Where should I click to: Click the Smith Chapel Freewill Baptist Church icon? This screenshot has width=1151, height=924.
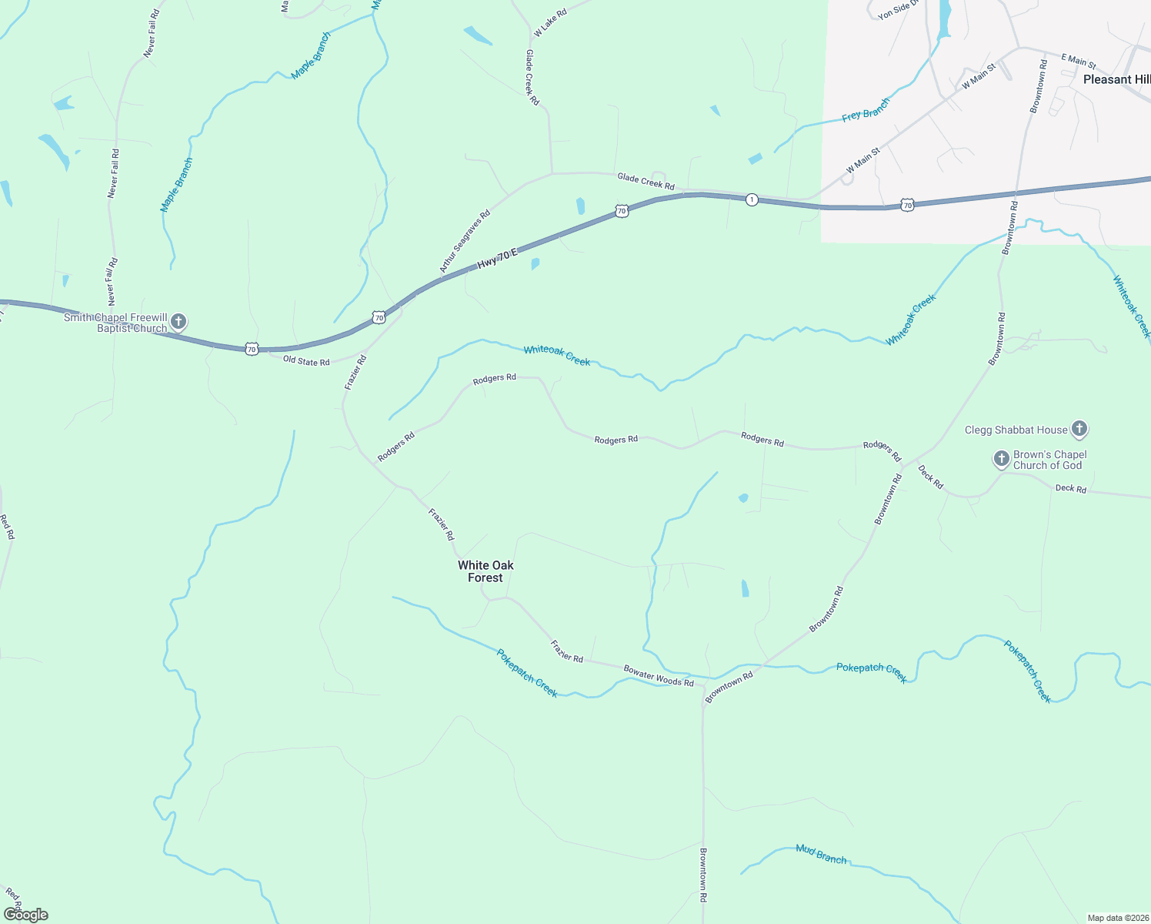(178, 321)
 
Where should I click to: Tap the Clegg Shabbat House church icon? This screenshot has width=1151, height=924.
(1079, 428)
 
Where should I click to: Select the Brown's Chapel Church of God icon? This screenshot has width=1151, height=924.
(1001, 459)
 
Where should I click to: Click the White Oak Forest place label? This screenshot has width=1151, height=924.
(485, 571)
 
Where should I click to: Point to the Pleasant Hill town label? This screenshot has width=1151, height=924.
(1116, 79)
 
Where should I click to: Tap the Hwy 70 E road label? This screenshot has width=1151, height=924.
(498, 258)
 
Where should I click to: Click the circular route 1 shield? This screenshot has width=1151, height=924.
(752, 199)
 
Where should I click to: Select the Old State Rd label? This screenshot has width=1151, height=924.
(306, 360)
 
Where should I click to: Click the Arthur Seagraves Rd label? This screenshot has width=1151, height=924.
(465, 242)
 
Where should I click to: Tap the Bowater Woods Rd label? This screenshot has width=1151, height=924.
(659, 676)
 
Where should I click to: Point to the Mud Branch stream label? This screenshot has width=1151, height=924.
(821, 854)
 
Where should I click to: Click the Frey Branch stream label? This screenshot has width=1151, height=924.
(866, 109)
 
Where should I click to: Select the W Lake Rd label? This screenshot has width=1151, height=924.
(550, 23)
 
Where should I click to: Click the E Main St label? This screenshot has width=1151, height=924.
(1079, 61)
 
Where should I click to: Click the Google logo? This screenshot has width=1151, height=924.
(25, 915)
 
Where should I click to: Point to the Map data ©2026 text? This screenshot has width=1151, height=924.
(1117, 918)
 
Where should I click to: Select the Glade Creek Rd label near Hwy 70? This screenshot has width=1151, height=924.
(646, 181)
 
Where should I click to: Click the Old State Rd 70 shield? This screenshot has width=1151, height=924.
(252, 349)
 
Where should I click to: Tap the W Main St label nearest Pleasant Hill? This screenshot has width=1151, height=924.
(979, 76)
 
